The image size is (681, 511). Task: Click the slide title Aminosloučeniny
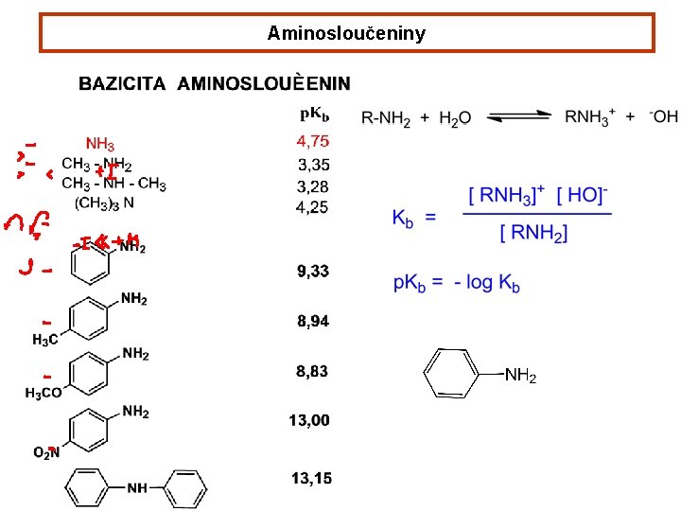[x=346, y=34]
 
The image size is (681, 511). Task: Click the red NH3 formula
[x=100, y=145]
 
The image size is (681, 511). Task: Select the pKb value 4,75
[x=313, y=142]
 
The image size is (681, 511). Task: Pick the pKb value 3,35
[x=313, y=165]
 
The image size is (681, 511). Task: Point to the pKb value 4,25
[x=313, y=206]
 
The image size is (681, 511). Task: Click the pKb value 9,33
[x=313, y=272]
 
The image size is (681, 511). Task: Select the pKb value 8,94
[x=313, y=322]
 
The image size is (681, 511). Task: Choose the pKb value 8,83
[x=312, y=372]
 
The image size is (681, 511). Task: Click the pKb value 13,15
[x=311, y=479]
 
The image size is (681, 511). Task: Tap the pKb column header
[x=315, y=115]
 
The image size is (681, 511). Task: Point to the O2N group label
[x=46, y=452]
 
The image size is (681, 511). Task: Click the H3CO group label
[x=44, y=393]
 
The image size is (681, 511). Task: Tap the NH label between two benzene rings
[x=137, y=488]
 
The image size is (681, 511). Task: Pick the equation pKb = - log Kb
[x=456, y=283]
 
